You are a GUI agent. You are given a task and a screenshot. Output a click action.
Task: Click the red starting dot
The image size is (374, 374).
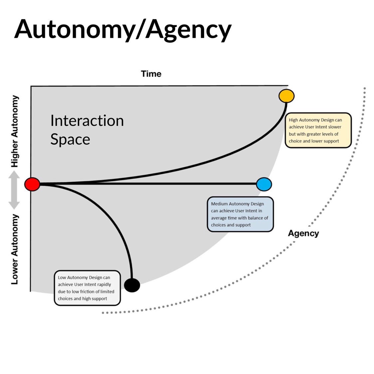(32, 184)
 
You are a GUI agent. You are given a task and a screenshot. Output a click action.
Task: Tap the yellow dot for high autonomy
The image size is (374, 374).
(286, 96)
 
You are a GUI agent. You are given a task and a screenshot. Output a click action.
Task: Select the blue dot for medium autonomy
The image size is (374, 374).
(264, 184)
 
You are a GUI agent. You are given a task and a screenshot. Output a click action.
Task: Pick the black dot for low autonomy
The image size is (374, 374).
(132, 285)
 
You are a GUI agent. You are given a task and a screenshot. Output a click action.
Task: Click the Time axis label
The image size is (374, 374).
(151, 74)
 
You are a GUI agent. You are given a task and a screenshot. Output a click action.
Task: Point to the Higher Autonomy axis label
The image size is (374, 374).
(15, 131)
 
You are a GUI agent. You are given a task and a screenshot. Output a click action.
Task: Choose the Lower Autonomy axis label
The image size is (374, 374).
(15, 249)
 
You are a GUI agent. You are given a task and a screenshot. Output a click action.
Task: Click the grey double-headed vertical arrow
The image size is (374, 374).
(14, 190)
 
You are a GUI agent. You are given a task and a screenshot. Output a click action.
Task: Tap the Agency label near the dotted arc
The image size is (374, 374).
(303, 233)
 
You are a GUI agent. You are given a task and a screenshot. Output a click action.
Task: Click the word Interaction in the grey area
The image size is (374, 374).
(87, 121)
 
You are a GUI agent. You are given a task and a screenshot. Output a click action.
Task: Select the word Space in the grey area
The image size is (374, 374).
(70, 139)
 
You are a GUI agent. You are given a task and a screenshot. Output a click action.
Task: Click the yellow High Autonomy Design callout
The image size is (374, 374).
(318, 130)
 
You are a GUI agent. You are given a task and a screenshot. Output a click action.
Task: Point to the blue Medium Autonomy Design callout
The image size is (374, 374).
(240, 214)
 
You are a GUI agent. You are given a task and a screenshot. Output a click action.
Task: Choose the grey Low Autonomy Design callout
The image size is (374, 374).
(87, 288)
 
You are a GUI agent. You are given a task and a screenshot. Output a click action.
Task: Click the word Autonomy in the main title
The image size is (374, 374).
(69, 29)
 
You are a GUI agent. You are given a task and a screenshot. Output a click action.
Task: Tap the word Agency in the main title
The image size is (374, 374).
(188, 29)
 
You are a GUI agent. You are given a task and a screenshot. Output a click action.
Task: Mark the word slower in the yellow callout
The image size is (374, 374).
(334, 127)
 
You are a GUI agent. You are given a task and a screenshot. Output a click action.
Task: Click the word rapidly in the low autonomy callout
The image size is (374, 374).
(104, 284)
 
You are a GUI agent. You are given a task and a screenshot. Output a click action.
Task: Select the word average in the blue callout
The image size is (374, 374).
(219, 218)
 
